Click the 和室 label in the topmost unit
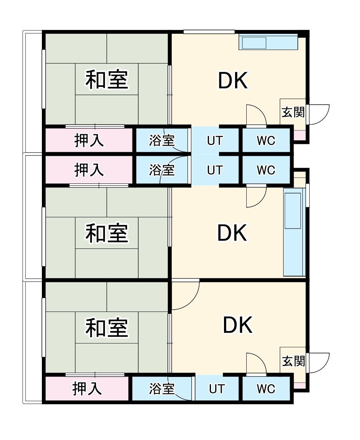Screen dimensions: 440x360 point(106,80)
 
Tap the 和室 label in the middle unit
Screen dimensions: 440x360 point(106,233)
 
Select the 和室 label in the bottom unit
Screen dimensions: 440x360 point(106,327)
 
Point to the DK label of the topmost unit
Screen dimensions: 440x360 point(233,81)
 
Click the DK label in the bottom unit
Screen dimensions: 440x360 point(238,325)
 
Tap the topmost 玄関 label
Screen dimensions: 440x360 point(293,112)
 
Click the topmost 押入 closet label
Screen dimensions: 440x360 point(89,141)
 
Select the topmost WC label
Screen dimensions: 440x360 point(266,141)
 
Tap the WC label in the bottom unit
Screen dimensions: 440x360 point(266,389)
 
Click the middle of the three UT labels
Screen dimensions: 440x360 point(215,170)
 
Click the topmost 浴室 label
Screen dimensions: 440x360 point(162,141)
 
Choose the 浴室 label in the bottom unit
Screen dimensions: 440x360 point(162,389)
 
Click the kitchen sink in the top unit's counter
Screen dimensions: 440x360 point(254,43)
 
